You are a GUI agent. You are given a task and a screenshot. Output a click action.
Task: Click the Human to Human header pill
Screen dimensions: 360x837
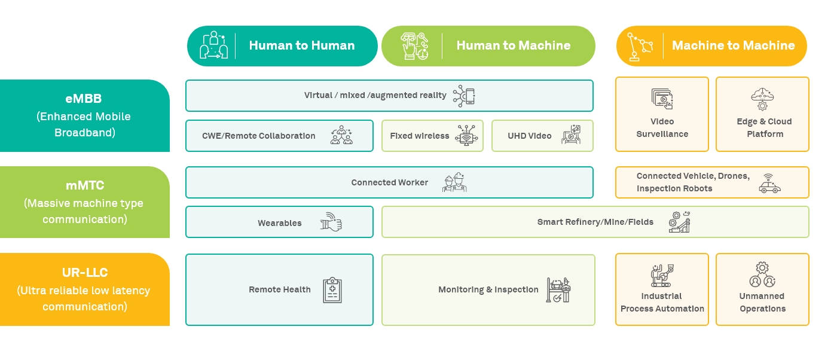282,45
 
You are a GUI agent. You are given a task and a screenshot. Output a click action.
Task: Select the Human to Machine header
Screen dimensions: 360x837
488,45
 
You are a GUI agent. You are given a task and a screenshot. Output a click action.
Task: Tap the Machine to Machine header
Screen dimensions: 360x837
711,45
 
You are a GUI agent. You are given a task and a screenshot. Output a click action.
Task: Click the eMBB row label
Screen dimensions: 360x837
84,115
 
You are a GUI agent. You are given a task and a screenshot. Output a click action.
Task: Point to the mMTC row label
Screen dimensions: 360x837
84,202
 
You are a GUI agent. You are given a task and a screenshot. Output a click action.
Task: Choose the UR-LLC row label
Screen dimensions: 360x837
84,289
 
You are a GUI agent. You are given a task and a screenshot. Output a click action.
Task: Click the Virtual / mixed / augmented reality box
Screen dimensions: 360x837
389,96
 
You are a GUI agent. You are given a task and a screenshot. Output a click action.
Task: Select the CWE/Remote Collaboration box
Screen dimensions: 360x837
279,136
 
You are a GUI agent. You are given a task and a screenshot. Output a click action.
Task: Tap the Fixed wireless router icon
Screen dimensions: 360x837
467,136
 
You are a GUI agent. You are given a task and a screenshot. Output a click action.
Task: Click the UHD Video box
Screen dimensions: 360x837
542,136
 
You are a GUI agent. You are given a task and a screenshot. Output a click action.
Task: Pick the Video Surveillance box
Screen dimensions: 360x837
662,114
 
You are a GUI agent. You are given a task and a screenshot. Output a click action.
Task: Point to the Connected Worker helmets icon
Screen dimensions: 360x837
454,182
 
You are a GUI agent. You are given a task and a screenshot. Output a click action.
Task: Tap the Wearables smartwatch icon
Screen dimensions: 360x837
331,222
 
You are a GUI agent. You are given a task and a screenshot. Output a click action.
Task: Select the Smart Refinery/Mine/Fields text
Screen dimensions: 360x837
595,222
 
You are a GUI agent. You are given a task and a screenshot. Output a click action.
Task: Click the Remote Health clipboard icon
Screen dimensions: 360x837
332,290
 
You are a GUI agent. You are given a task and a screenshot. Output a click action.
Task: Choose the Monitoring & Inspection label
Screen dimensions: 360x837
488,289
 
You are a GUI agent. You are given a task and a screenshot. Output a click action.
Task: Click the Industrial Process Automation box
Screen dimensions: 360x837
662,289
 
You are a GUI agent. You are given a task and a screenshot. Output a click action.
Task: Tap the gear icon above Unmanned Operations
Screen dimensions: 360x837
762,268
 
